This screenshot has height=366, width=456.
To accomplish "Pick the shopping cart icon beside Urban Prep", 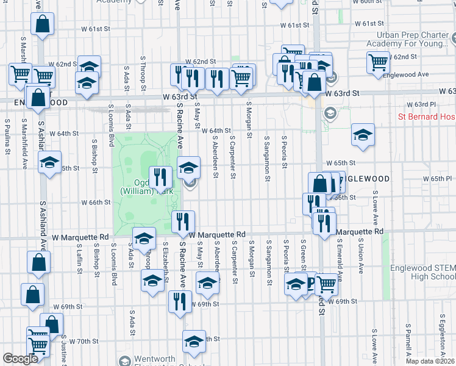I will tap(379, 62).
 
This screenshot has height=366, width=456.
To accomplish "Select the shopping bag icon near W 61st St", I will tap(42, 26).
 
